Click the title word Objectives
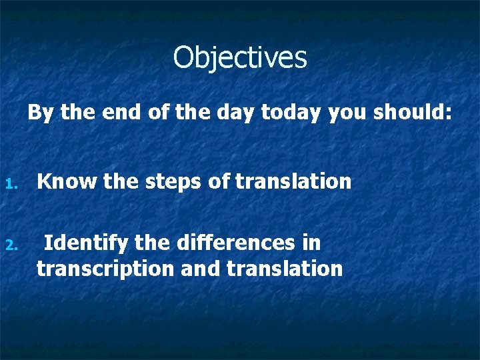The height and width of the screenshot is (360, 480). click(240, 58)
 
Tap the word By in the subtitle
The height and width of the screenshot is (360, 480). click(40, 113)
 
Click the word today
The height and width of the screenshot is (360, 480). click(291, 113)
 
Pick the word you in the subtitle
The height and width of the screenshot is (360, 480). click(348, 113)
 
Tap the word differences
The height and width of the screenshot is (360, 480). click(236, 243)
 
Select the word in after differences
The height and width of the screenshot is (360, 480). click(311, 243)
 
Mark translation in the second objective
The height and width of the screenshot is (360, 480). click(285, 269)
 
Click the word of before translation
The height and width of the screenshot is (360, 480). click(219, 181)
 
